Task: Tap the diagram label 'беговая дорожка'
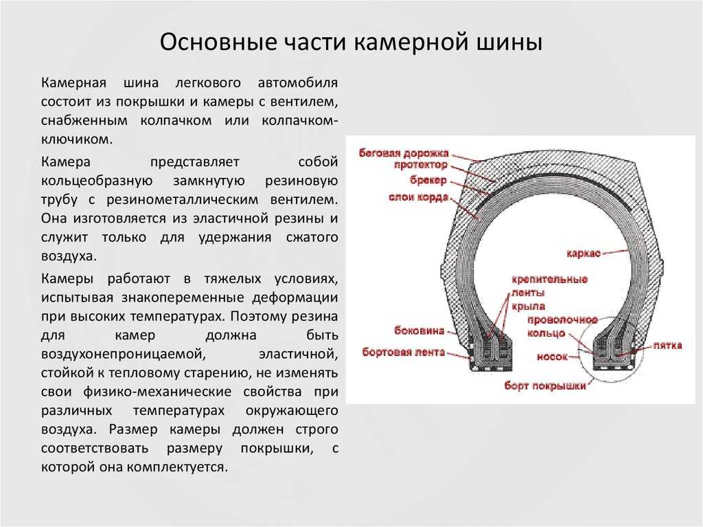(x=404, y=153)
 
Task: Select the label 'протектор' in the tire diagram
(x=421, y=165)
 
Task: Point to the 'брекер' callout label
(x=428, y=181)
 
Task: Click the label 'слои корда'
(x=418, y=197)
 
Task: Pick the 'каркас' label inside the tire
(x=584, y=254)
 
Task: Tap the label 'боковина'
(x=419, y=330)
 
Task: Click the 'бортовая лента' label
(x=404, y=352)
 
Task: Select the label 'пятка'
(x=667, y=346)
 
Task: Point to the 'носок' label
(x=552, y=357)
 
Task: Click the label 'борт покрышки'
(x=545, y=385)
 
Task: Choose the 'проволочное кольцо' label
(x=562, y=326)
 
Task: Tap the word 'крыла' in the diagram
(x=528, y=307)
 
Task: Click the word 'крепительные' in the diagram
(x=550, y=279)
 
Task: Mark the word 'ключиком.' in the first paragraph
(x=77, y=139)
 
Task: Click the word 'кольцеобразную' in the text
(x=97, y=181)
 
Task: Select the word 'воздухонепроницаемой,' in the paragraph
(x=124, y=354)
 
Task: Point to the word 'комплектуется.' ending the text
(x=178, y=467)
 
